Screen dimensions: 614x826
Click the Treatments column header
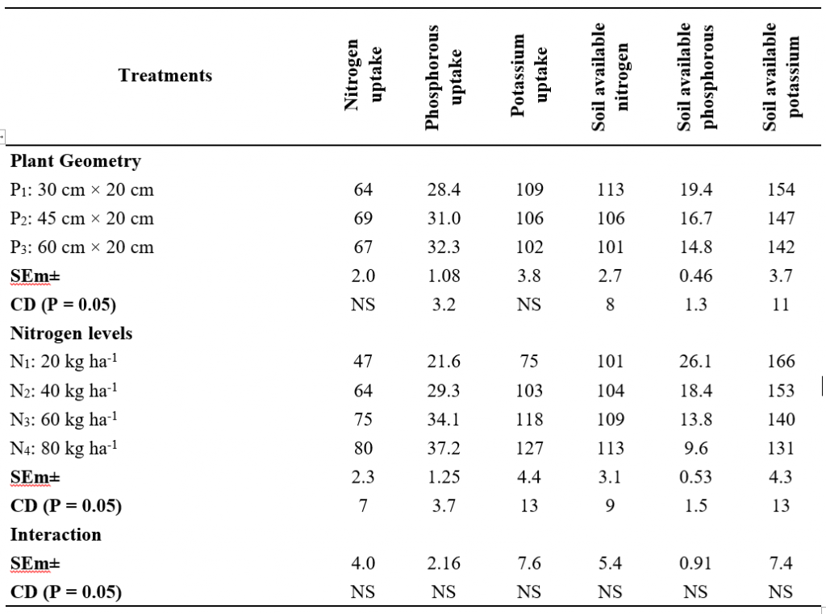pos(165,76)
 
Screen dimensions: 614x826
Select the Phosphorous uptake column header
pos(444,77)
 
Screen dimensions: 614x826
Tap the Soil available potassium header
pos(781,77)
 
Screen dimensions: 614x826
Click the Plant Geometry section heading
pos(76,161)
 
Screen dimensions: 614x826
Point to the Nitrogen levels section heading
pos(71,334)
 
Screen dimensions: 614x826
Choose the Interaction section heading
pos(56,535)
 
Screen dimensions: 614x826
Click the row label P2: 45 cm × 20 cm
pos(81,219)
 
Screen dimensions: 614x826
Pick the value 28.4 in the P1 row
pos(444,190)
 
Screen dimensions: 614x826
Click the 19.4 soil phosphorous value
pos(695,190)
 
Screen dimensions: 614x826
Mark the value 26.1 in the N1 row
pos(695,363)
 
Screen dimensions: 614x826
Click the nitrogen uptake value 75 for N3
pos(363,420)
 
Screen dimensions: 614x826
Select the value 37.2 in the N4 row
pos(444,449)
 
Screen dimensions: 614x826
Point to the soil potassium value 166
pos(781,363)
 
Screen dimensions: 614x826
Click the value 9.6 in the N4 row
pos(695,449)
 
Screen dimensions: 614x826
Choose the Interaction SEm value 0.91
pos(695,564)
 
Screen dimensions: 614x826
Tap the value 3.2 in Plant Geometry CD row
pos(444,305)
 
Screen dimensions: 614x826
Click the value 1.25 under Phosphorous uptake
pos(444,478)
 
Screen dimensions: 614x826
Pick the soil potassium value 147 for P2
pos(781,219)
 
